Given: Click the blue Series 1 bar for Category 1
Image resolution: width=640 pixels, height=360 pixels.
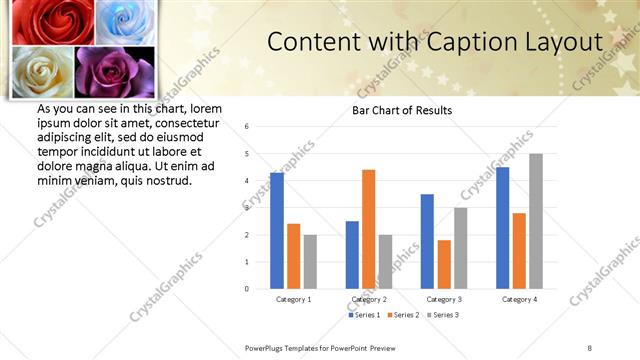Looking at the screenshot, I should [277, 230].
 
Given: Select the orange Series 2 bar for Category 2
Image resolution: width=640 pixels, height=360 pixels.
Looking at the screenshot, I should [368, 229].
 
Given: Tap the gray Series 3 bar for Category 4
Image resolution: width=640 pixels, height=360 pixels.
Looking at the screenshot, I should [536, 221].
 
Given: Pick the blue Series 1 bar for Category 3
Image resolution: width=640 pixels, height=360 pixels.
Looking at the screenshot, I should [427, 241].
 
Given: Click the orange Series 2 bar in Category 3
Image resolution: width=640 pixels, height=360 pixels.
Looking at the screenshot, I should [444, 264].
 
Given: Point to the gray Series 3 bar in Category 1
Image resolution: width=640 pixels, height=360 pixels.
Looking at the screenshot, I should [310, 261].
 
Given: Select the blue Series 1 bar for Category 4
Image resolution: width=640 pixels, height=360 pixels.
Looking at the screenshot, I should [503, 228].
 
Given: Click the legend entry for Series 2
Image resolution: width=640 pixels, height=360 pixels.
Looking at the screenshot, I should [400, 315].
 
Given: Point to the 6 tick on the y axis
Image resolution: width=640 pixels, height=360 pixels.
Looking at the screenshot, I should [246, 127].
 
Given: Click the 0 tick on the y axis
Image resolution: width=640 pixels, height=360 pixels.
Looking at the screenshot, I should [246, 289].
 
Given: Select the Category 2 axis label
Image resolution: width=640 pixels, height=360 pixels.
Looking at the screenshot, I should [370, 299].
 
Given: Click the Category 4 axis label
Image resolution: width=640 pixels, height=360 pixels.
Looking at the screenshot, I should [520, 299].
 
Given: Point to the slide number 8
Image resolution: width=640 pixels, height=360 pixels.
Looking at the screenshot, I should [590, 347].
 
